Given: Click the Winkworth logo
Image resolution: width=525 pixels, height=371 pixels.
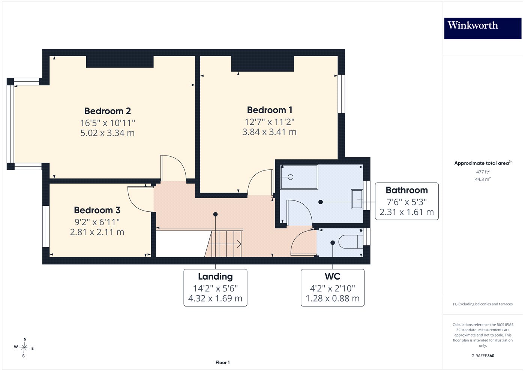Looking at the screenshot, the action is (483, 28).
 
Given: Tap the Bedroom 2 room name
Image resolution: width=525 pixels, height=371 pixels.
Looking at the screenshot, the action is (108, 111).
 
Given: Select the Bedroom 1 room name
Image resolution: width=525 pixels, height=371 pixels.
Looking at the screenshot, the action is (270, 110).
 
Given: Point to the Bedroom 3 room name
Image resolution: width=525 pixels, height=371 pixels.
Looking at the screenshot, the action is (97, 210).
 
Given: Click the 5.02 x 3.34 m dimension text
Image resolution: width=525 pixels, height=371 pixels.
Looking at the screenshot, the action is (108, 133).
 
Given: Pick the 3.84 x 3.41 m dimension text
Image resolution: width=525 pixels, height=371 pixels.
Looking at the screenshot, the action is (270, 132).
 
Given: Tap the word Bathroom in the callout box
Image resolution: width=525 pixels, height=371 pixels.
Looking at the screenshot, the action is (406, 190).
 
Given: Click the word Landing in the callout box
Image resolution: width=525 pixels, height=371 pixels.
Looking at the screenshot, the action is (215, 277).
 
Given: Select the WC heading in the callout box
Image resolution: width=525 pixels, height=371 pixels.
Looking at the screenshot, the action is (333, 277).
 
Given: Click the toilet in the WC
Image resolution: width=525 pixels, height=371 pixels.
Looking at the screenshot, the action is (351, 242).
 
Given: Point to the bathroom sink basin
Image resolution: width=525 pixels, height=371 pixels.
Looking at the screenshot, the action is (357, 199).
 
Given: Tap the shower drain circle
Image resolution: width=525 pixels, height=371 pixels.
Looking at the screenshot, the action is (291, 177).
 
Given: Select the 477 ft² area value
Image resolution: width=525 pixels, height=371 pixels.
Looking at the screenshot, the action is (483, 172).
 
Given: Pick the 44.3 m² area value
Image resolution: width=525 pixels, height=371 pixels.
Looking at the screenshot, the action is (483, 179).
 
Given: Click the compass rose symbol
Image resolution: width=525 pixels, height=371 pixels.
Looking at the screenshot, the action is (24, 348).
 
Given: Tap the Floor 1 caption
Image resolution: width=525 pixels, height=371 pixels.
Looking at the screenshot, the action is (222, 362).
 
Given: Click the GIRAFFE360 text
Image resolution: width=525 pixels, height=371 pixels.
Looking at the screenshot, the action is (483, 356).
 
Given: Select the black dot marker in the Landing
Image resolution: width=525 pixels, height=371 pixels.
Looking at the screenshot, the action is (215, 214).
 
